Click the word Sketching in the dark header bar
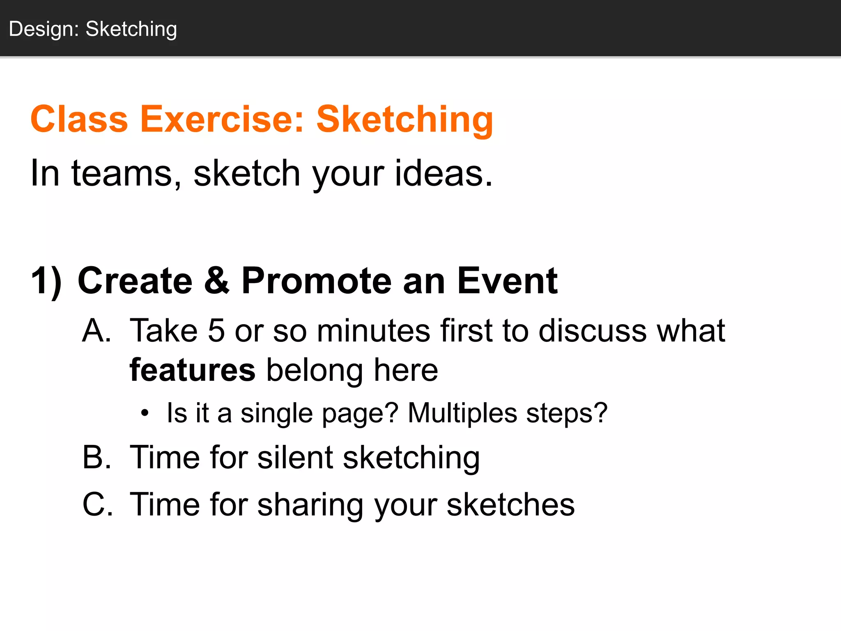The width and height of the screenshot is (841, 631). pyautogui.click(x=131, y=29)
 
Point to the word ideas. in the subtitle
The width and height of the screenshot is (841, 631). pyautogui.click(x=443, y=173)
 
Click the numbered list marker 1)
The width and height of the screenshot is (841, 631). pyautogui.click(x=46, y=281)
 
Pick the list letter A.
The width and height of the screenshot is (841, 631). pyautogui.click(x=97, y=330)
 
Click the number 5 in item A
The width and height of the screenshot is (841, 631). pyautogui.click(x=216, y=330)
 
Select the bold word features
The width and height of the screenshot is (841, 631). pyautogui.click(x=192, y=370)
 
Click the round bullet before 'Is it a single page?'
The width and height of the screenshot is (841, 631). pyautogui.click(x=144, y=413)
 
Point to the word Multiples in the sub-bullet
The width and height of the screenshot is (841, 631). pyautogui.click(x=462, y=412)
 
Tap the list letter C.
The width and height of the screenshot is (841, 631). pyautogui.click(x=97, y=504)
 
